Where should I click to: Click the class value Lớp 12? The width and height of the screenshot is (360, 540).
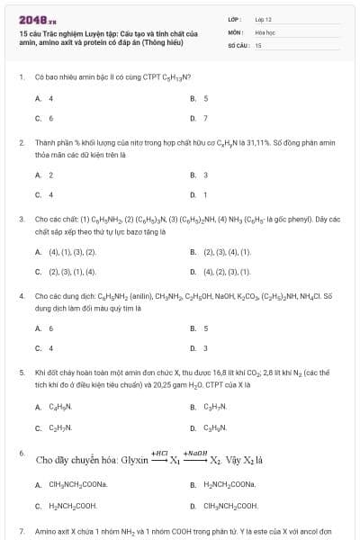(263, 18)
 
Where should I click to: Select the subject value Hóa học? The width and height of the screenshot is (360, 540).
(264, 31)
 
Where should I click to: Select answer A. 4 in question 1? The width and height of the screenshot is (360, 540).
(44, 97)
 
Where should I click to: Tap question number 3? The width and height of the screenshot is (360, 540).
(21, 219)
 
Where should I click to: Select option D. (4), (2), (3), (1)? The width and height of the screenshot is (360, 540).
(220, 271)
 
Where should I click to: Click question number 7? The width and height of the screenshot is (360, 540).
(21, 532)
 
